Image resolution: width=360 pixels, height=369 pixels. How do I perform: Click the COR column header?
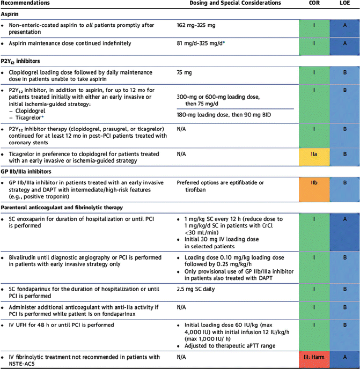coord(315,3)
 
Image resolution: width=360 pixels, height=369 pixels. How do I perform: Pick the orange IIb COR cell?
coord(315,183)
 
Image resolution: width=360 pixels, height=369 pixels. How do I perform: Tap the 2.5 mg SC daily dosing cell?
coord(198,290)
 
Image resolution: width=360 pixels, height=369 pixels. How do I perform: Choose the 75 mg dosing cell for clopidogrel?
coord(184,70)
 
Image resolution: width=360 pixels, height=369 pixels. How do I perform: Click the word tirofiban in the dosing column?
coord(188,189)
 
